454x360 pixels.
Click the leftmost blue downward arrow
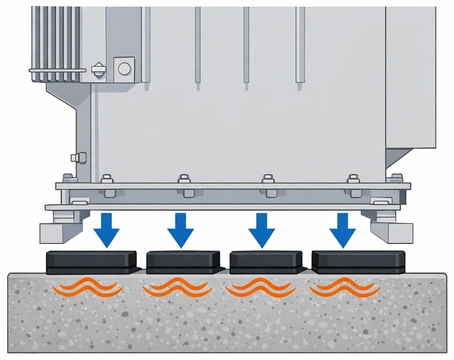coord(108,228)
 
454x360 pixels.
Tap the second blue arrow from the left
coord(181,228)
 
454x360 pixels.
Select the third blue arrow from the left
coord(262,228)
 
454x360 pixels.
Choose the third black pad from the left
coord(266,262)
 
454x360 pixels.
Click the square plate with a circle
coord(124,67)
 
